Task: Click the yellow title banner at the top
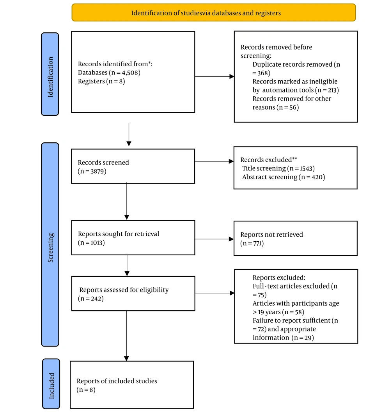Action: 213,12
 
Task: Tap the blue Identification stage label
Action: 50,74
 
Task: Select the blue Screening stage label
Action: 50,244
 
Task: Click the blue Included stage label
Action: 51,384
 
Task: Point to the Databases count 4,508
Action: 131,73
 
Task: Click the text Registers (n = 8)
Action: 101,81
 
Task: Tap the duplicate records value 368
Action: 263,73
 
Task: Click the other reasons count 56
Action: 293,108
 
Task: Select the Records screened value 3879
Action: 97,172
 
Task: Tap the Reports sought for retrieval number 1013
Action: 96,242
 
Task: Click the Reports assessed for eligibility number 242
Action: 96,299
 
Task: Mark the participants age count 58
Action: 299,312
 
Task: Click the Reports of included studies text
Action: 117,381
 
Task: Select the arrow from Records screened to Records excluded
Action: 214,161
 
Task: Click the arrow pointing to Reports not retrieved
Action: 214,239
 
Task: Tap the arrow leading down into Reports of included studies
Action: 127,336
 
